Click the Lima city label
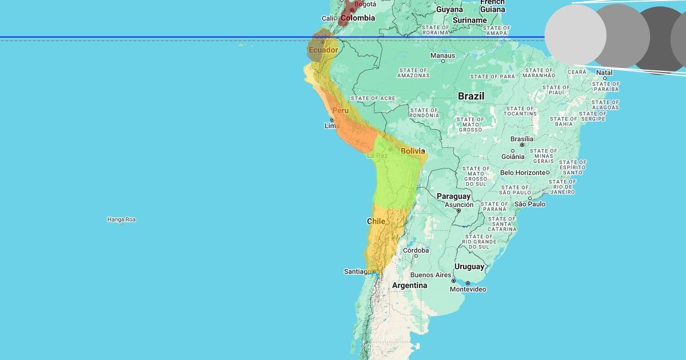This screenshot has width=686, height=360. (332, 126)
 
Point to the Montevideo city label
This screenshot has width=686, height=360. (468, 289)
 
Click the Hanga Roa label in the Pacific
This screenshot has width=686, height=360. (121, 219)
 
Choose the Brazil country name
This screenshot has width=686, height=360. (470, 96)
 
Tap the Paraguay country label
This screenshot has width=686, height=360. (453, 196)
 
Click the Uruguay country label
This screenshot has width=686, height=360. (469, 266)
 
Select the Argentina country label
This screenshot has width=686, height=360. (410, 285)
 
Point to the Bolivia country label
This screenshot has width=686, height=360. (413, 151)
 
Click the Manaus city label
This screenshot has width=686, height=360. (442, 55)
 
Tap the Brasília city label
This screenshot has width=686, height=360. (521, 138)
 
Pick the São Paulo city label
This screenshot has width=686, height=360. (530, 204)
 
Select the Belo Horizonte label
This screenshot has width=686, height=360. (523, 173)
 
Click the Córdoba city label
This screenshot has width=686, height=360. (416, 250)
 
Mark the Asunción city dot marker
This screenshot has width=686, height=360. (458, 210)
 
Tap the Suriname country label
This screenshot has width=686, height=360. (469, 20)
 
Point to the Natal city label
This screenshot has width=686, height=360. (604, 73)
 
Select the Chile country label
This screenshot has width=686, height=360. (376, 221)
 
